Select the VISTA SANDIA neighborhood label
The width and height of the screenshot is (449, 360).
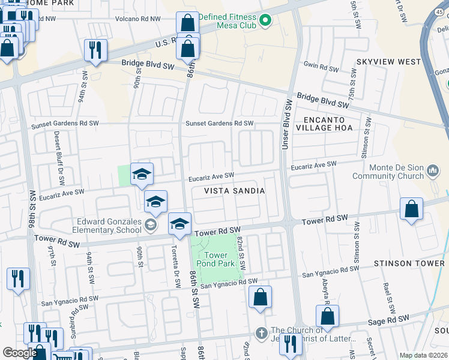[235, 190]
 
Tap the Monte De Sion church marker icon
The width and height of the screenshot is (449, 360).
[433, 172]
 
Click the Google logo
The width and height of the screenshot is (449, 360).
[20, 353]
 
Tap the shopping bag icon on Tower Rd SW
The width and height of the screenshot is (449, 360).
[412, 210]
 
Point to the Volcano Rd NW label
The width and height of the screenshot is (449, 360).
[138, 19]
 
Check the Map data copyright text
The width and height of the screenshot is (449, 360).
[423, 355]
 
